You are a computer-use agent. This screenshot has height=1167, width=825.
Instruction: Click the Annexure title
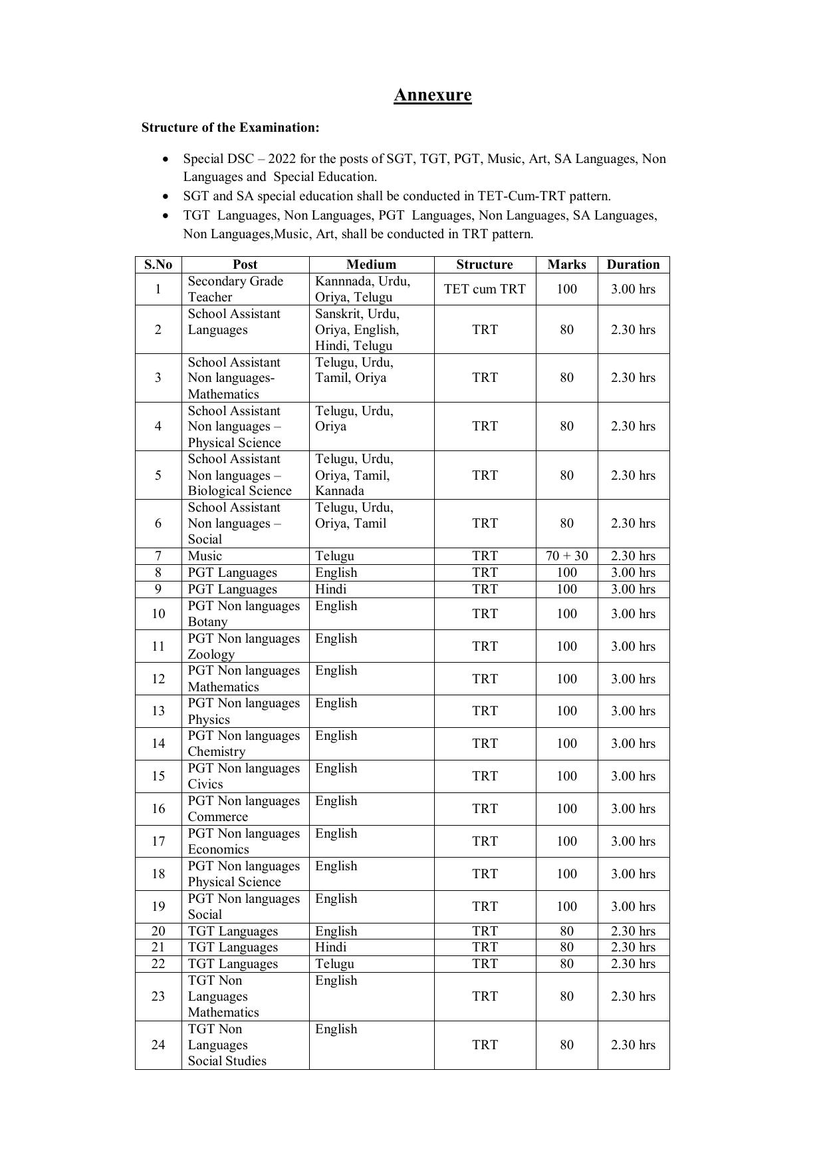432,95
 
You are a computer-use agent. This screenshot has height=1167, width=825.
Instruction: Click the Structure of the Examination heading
230,127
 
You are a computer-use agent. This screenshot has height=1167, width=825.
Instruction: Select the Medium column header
371,264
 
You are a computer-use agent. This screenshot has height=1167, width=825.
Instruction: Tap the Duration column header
633,264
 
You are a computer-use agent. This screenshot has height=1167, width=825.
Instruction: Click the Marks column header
566,264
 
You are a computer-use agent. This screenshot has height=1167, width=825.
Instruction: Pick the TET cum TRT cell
485,289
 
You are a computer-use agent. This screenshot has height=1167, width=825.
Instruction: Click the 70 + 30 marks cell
566,556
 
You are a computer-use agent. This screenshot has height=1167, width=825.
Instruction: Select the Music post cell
205,556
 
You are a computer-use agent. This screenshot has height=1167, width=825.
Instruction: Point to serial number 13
158,711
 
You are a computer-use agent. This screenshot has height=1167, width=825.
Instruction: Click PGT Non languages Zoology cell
243,646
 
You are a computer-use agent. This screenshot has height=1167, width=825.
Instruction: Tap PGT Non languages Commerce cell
243,808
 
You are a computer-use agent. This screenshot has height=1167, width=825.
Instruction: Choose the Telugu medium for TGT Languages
334,963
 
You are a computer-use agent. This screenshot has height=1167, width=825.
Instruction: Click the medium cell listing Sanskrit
357,329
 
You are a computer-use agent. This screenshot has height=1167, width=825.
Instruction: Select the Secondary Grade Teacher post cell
235,289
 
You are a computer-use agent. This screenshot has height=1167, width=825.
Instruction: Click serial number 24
158,1045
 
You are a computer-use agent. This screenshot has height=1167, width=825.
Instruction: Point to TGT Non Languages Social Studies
227,1045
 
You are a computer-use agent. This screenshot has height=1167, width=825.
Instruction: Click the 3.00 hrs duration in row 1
633,289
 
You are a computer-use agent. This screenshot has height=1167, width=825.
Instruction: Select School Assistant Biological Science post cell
239,475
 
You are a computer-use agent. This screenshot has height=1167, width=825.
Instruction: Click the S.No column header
158,264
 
